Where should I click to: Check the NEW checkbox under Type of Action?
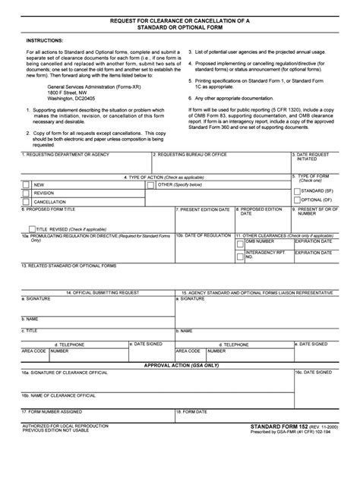(x=27, y=184)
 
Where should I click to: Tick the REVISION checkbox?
(x=27, y=193)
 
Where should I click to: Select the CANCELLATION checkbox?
(x=27, y=203)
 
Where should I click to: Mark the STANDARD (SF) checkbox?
(x=296, y=191)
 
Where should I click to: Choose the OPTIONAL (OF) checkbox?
(x=296, y=200)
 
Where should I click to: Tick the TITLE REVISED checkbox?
(x=30, y=228)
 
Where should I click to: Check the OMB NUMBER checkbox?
(x=240, y=241)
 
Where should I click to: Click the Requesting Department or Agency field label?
(x=60, y=154)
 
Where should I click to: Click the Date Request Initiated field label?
(x=311, y=157)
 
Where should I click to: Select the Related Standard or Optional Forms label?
(x=69, y=266)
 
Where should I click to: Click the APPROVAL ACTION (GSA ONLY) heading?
(x=180, y=364)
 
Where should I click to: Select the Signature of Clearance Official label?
(x=69, y=373)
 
